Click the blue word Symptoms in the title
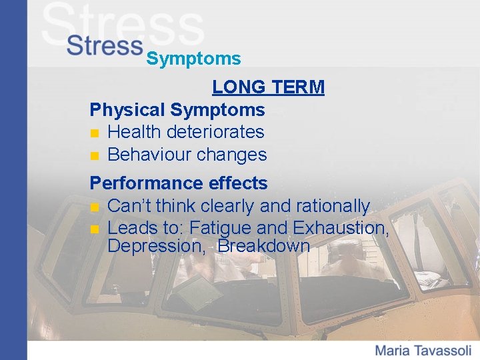coord(193,59)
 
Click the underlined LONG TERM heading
coord(268,87)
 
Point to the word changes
coord(233,155)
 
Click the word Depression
coord(156,245)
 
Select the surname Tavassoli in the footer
coord(443,350)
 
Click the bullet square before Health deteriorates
coord(95,133)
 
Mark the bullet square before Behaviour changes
coord(95,156)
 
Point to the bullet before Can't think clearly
coord(95,207)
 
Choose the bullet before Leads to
coord(95,229)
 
